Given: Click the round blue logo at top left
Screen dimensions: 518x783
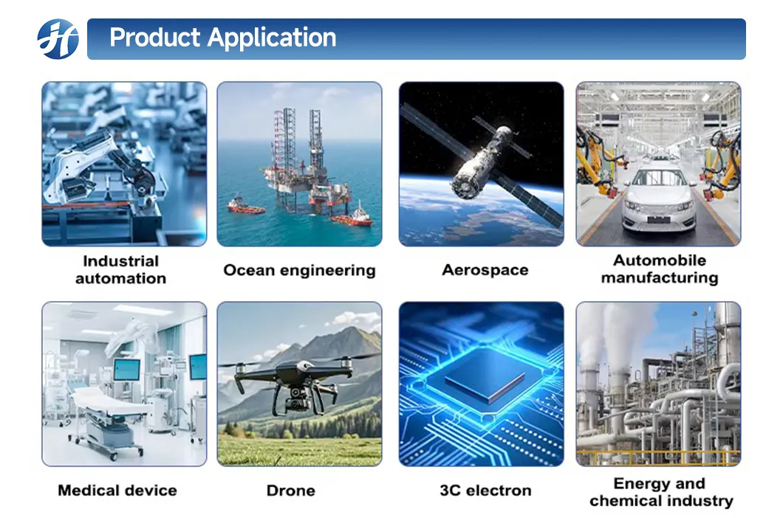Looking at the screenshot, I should click(x=58, y=38).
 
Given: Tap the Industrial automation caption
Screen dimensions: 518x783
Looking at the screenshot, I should click(x=120, y=269).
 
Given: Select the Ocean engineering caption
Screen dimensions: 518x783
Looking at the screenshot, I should click(x=299, y=270).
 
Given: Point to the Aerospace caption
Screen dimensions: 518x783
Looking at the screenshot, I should click(x=485, y=270).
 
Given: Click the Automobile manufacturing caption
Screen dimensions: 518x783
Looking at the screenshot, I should click(x=659, y=269).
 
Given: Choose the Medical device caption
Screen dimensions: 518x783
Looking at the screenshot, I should click(x=117, y=490).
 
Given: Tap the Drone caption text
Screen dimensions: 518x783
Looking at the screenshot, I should click(x=290, y=491).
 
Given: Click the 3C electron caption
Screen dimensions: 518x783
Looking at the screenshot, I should click(x=485, y=491).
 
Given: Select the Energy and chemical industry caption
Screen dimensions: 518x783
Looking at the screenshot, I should click(x=660, y=492).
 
